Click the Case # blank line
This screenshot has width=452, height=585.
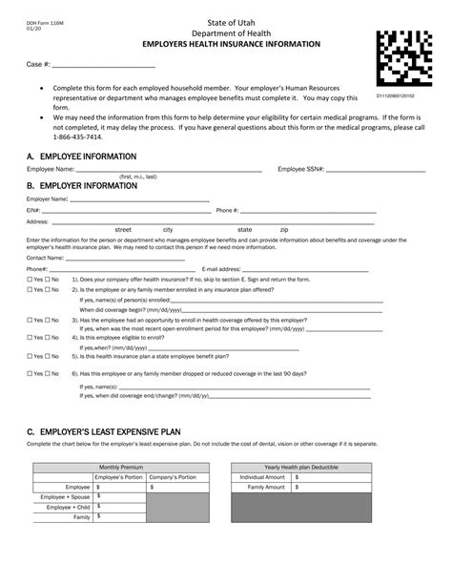click(102, 66)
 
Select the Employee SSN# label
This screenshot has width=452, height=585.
click(301, 169)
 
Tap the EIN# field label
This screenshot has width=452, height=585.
click(33, 209)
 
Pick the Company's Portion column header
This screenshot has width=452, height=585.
click(172, 476)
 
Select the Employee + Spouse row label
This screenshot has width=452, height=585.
click(65, 496)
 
